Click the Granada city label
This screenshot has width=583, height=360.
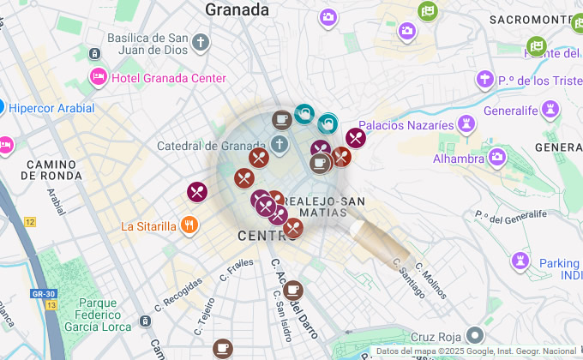(x=237, y=10)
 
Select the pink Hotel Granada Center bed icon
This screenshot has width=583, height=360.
(x=98, y=78)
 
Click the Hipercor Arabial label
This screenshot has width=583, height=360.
(x=51, y=108)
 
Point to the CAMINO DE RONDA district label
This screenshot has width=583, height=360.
(x=54, y=169)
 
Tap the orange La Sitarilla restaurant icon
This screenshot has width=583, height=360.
(x=189, y=226)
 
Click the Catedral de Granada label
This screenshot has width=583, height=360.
(x=211, y=146)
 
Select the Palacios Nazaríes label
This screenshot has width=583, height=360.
(x=406, y=125)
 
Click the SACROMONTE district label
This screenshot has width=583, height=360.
(x=529, y=19)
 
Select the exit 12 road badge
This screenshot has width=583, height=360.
(x=30, y=222)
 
